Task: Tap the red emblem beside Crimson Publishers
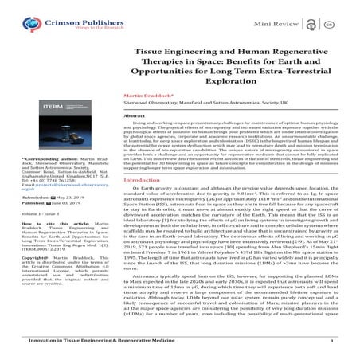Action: click(x=19, y=15)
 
